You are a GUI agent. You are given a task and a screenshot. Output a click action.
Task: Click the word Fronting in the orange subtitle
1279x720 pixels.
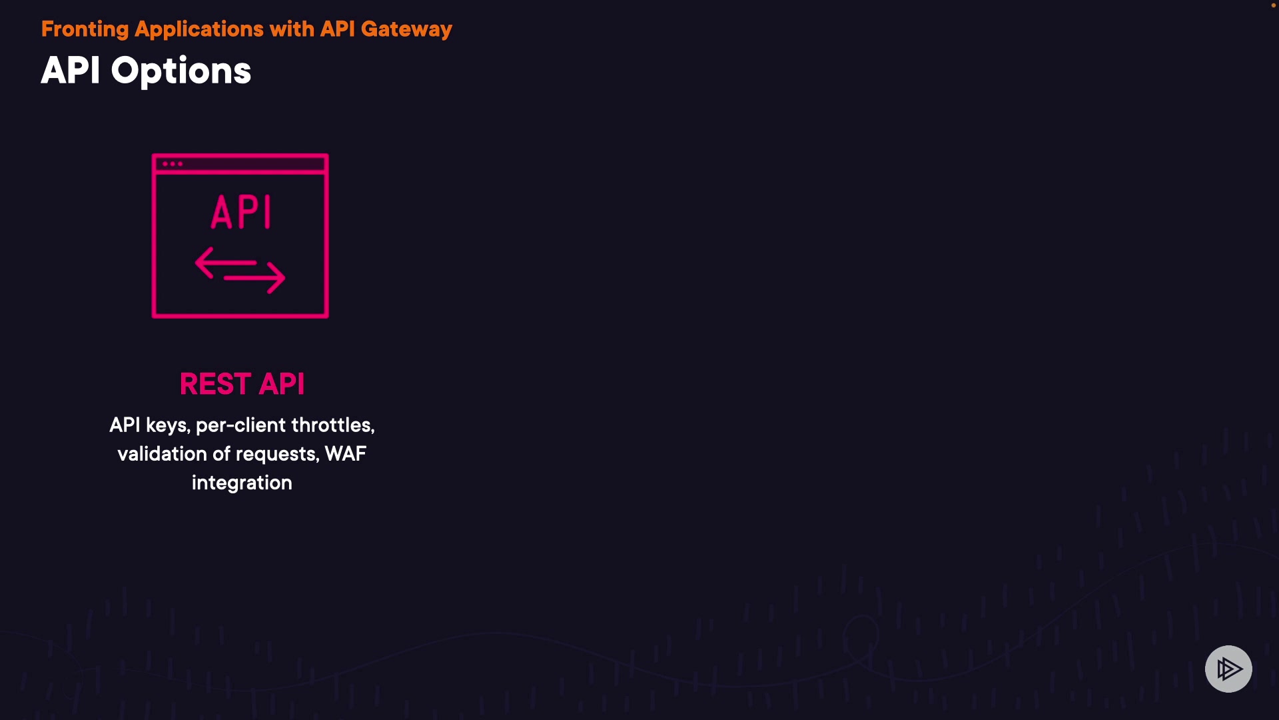pos(85,29)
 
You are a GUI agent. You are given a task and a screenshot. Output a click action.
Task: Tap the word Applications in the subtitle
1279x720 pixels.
pos(199,29)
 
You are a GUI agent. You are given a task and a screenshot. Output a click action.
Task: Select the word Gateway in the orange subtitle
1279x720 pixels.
pos(406,29)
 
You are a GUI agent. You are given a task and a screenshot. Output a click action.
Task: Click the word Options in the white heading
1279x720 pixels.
pos(181,71)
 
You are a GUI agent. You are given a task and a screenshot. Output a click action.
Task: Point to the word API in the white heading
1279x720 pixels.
pos(71,71)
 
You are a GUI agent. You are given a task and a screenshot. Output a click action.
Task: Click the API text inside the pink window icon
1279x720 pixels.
pos(241,213)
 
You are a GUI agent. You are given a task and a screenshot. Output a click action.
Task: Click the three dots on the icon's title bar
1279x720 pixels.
pos(172,164)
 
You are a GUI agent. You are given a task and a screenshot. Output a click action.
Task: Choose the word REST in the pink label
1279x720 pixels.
pos(215,384)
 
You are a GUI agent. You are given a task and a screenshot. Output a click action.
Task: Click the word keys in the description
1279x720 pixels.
pos(168,425)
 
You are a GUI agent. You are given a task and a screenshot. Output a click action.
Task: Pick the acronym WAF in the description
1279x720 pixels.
pos(345,454)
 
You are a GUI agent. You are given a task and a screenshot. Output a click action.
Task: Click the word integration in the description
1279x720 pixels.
pos(242,483)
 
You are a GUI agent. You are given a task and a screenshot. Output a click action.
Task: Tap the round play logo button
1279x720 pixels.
pos(1228,669)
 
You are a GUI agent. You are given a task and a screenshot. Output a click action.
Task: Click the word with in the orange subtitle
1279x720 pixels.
pos(292,29)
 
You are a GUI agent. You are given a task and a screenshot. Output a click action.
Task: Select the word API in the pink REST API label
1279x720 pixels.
pos(282,384)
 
